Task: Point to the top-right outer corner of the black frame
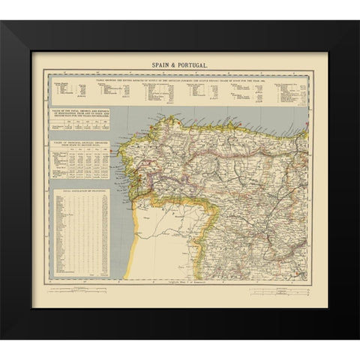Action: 338,21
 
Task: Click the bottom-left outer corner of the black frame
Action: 21,338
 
